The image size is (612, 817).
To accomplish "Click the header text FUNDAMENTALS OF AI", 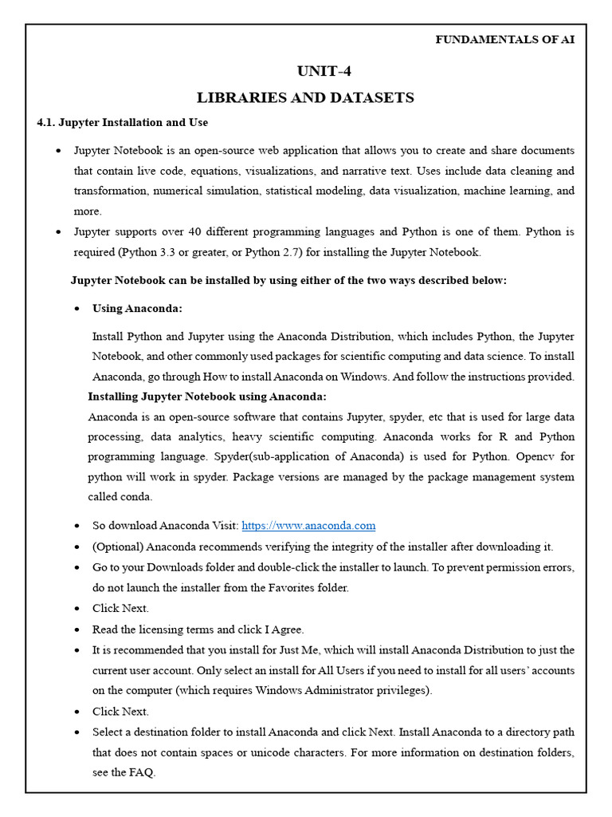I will click(x=504, y=40).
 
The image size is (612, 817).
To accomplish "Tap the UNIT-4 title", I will click(x=324, y=71).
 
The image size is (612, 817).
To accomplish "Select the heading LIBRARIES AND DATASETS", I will click(x=305, y=97).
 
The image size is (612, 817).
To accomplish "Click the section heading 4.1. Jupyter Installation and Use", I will click(x=123, y=122).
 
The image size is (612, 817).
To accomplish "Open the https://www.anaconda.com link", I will click(x=308, y=526).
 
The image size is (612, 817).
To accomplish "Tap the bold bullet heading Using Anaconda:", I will click(x=137, y=308).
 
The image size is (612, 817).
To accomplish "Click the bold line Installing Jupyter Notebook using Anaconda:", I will click(x=207, y=397).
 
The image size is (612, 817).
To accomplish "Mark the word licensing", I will click(x=170, y=629).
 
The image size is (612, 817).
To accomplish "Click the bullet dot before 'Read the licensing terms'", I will click(x=76, y=630).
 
